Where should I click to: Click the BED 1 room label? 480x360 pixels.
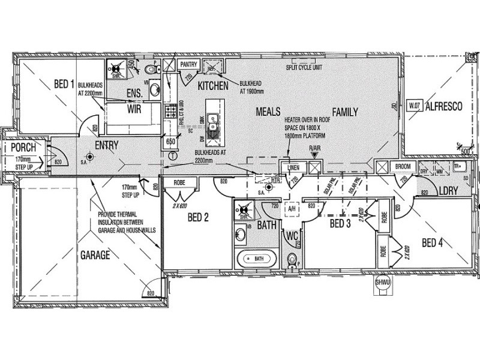pyautogui.click(x=64, y=83)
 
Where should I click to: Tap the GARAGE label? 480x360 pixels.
pyautogui.click(x=95, y=256)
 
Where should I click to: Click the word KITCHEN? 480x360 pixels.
pyautogui.click(x=213, y=86)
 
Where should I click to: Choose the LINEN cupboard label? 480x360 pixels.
pyautogui.click(x=293, y=167)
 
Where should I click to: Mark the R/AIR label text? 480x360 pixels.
pyautogui.click(x=315, y=148)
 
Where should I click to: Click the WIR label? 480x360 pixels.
pyautogui.click(x=133, y=110)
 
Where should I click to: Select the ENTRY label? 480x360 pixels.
pyautogui.click(x=106, y=145)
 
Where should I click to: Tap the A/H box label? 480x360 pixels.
pyautogui.click(x=293, y=208)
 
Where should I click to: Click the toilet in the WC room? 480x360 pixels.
pyautogui.click(x=292, y=260)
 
